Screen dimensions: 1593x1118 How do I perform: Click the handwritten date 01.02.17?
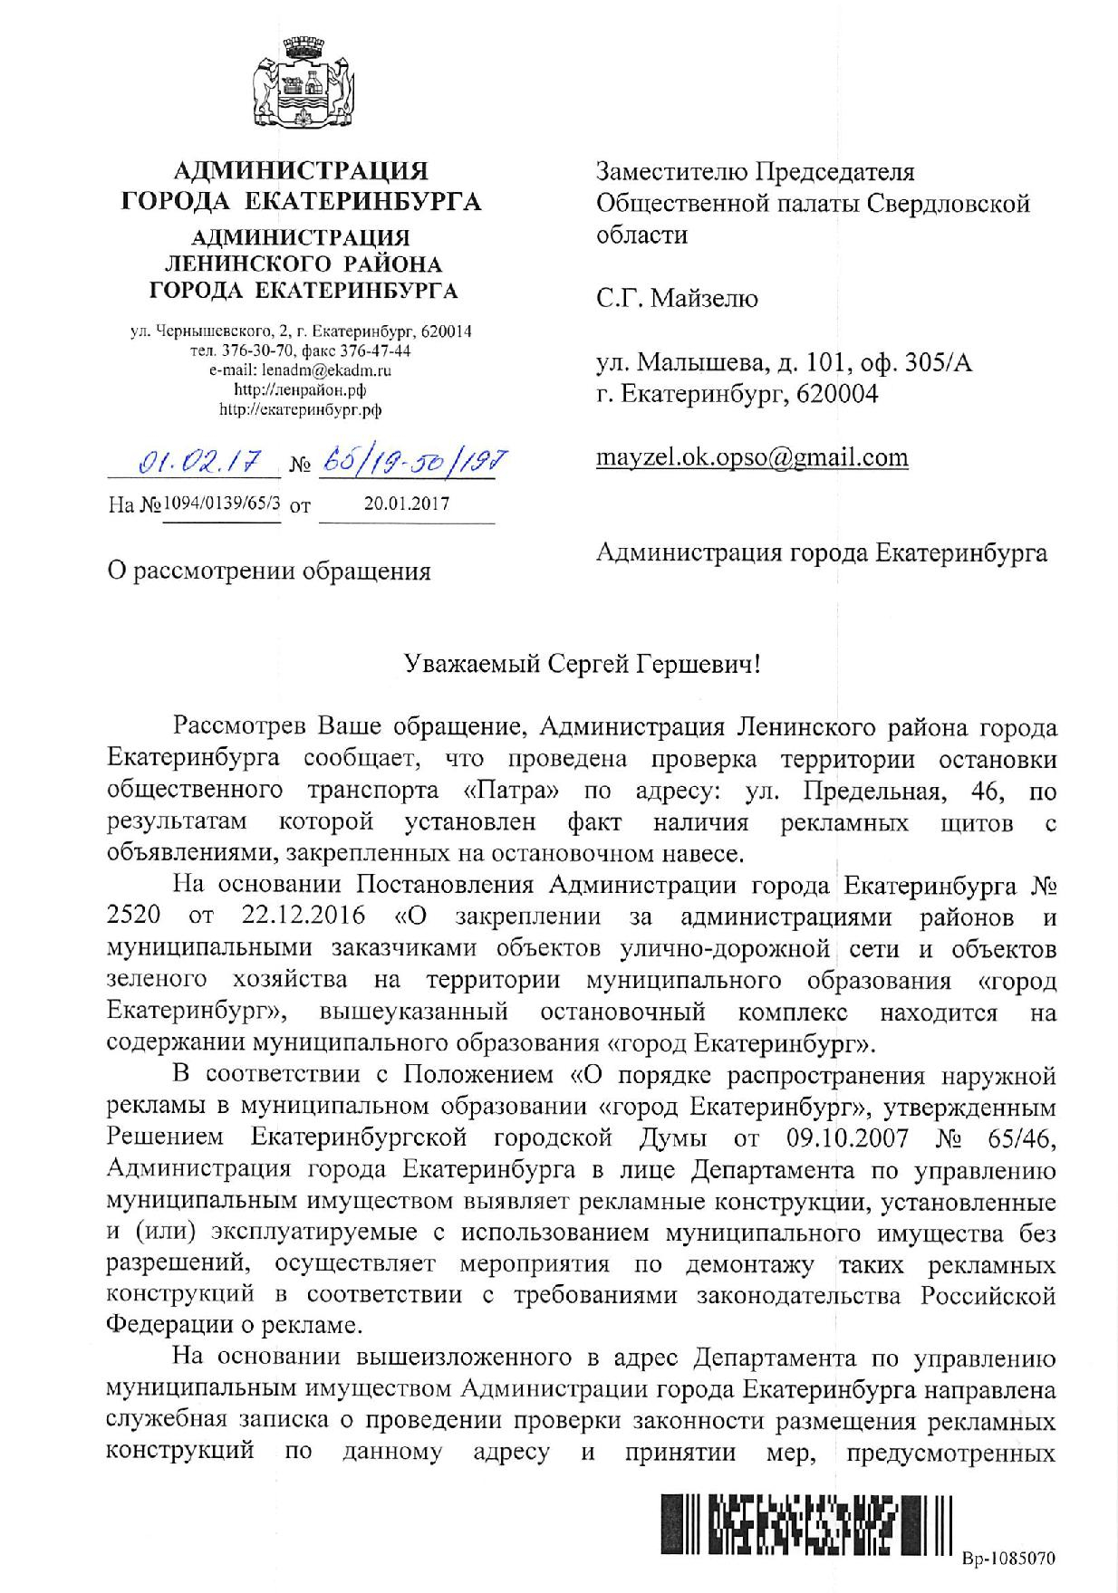point(193,466)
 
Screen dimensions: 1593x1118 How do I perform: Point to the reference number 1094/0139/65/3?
point(222,504)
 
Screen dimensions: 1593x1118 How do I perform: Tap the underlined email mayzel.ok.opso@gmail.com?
point(751,457)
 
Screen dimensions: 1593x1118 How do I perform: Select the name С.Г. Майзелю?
point(677,298)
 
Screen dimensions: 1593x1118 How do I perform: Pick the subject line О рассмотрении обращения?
point(268,571)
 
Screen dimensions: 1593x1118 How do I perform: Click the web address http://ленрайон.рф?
point(301,389)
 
